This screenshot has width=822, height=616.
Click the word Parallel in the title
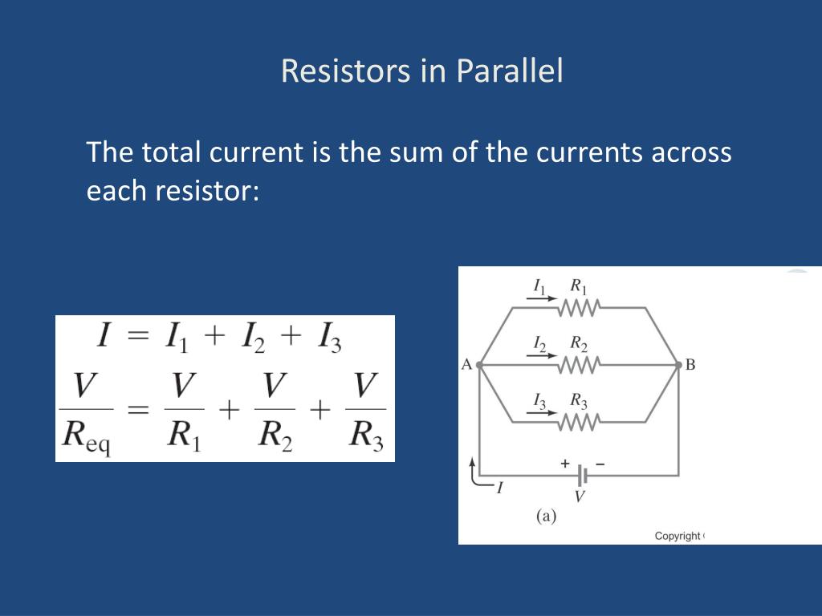coord(510,71)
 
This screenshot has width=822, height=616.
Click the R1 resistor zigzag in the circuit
coord(579,307)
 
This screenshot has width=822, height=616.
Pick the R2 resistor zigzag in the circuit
coord(579,365)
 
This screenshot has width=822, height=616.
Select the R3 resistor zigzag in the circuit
coord(579,421)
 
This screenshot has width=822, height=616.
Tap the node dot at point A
coord(479,365)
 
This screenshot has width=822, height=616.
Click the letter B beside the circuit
coord(690,365)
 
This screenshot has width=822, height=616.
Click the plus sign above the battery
coord(564,464)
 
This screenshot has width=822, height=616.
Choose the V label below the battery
coord(580,496)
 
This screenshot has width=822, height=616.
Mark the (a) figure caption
coord(546,516)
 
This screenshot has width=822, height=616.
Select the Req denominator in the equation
coord(87,438)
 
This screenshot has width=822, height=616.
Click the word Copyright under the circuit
coord(678,536)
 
